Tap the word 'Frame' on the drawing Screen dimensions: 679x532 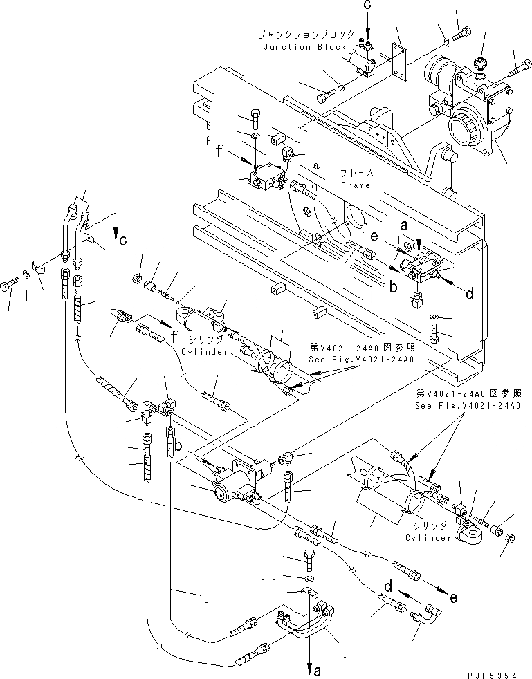356,185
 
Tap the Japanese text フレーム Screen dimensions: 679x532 357,173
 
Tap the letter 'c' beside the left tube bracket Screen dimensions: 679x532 122,242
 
